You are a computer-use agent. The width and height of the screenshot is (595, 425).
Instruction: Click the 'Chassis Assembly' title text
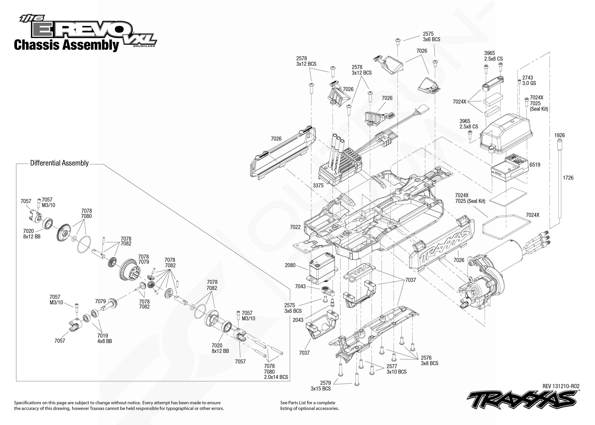(x=66, y=45)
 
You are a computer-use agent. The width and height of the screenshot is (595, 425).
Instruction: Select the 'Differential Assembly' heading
(x=59, y=163)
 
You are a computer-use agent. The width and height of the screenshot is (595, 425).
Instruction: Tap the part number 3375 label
(x=318, y=185)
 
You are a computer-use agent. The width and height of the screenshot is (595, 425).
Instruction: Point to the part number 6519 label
(x=535, y=165)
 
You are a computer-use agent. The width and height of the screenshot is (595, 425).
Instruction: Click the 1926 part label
(x=559, y=135)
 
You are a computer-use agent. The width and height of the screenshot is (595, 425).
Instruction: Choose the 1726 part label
(x=568, y=178)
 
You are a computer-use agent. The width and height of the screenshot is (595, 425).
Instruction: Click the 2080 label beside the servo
(x=290, y=265)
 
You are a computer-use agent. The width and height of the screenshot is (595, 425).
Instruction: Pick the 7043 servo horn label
(x=300, y=286)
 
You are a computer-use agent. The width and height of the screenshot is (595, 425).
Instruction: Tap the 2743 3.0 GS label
(x=529, y=80)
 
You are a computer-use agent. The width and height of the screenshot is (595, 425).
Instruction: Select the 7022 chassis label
(x=295, y=227)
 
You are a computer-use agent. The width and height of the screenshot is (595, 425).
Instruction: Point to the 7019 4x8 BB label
(x=104, y=338)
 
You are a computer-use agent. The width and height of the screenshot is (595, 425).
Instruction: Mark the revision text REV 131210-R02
(x=561, y=386)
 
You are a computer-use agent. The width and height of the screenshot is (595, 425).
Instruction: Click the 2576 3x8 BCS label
(x=429, y=360)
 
